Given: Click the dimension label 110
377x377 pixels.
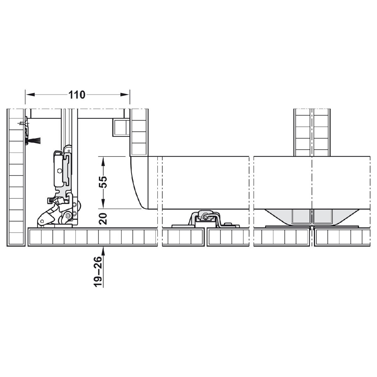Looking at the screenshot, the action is [x=77, y=95].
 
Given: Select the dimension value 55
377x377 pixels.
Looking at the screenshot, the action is [x=103, y=182].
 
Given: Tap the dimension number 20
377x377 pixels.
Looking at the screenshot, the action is [x=103, y=219].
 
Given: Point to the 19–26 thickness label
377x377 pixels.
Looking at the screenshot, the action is [x=98, y=272].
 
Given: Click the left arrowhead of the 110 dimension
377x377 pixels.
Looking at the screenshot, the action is [x=30, y=95].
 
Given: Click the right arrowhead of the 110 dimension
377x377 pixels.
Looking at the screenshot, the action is [x=124, y=95].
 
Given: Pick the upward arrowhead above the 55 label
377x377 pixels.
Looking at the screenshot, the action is [x=103, y=161].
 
